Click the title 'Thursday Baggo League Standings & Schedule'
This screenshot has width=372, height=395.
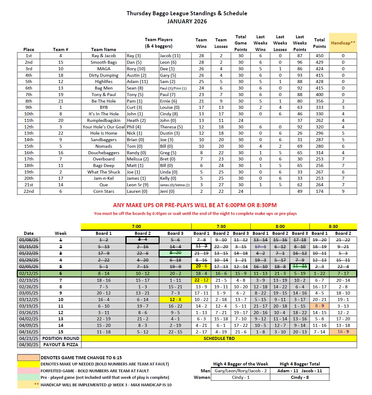tap(187, 13)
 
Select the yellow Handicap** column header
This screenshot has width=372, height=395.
tap(343, 43)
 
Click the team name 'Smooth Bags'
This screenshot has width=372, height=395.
tap(104, 62)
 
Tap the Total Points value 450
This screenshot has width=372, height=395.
tap(319, 56)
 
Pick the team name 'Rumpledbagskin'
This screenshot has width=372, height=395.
tap(104, 120)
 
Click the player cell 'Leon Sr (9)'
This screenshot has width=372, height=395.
tap(137, 185)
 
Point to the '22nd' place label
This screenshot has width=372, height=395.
tap(29, 191)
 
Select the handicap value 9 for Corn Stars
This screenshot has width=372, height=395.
tap(343, 191)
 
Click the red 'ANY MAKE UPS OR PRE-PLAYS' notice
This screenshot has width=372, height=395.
tap(195, 205)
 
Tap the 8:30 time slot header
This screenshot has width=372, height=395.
tap(333, 226)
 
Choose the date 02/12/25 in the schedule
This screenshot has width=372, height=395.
tap(29, 273)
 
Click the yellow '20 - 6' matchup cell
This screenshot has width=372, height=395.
tap(201, 266)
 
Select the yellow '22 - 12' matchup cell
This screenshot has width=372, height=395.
tap(201, 280)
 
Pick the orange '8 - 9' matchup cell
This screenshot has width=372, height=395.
tap(319, 306)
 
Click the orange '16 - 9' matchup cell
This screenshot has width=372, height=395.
tap(343, 332)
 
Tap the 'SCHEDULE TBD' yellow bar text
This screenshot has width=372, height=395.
tap(219, 338)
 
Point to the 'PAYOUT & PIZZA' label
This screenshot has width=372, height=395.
tap(61, 345)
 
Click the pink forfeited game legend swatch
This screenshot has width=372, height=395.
tap(29, 371)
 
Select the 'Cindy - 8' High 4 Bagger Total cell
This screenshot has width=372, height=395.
tap(300, 377)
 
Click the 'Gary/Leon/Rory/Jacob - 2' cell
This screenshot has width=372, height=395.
tap(240, 371)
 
